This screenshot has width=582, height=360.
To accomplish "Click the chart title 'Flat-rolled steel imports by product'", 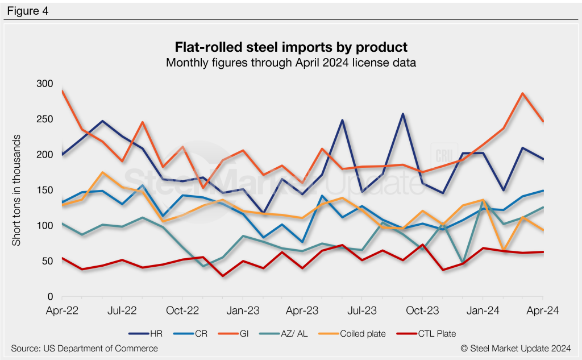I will click(x=290, y=47).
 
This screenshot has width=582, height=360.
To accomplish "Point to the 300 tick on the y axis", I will click(x=45, y=84).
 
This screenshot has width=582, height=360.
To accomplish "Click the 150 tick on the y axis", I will click(x=45, y=191).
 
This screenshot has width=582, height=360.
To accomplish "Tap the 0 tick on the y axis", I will click(x=50, y=297).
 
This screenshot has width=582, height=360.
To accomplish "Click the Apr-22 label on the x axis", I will click(x=62, y=311).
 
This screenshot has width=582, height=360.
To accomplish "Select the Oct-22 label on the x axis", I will click(x=182, y=311).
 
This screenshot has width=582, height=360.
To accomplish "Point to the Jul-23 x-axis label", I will click(x=362, y=311).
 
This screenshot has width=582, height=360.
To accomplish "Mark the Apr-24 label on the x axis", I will click(x=542, y=311).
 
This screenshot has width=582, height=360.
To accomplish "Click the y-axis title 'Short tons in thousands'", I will click(x=16, y=191).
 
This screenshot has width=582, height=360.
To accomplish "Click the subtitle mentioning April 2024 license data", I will click(x=290, y=63).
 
